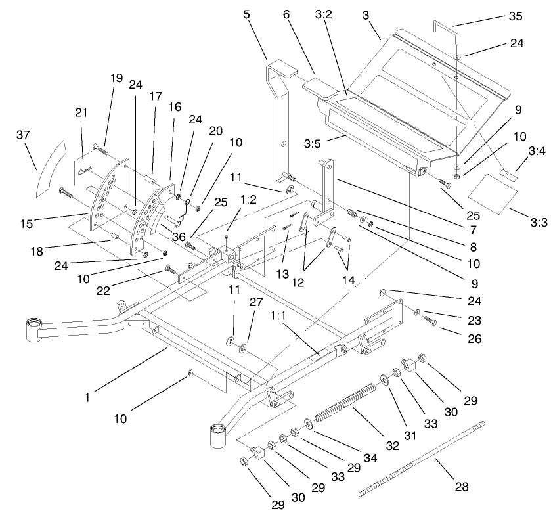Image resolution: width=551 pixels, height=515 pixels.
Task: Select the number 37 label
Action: (x=23, y=135)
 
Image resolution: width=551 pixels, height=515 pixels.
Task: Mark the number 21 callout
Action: (x=81, y=113)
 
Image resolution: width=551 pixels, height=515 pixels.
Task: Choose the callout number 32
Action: (x=392, y=445)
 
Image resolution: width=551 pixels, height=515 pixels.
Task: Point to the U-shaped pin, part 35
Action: (x=446, y=29)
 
